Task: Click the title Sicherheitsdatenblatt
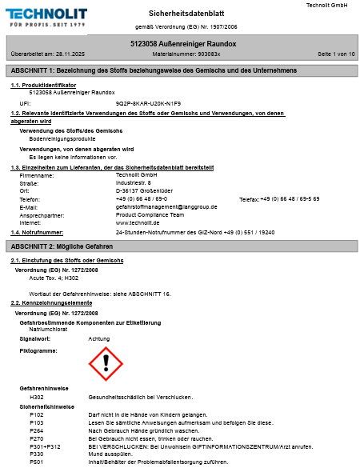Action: click(x=183, y=14)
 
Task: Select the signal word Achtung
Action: click(x=99, y=339)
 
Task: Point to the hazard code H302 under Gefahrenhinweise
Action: click(x=37, y=397)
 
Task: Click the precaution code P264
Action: click(x=37, y=430)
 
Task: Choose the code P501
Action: click(x=37, y=462)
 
